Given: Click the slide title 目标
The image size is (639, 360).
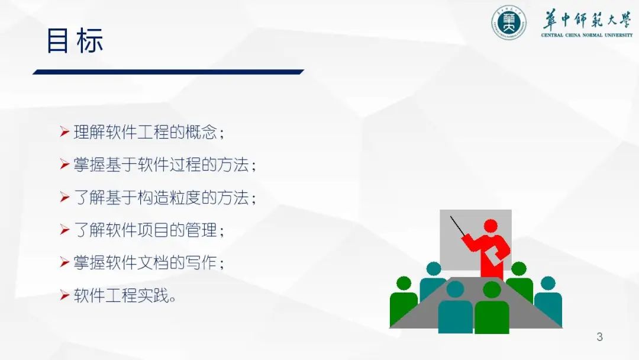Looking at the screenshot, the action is (x=75, y=41).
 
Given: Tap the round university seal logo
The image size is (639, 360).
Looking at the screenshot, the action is (x=508, y=22).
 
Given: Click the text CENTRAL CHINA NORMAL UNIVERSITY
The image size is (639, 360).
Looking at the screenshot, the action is (x=587, y=35).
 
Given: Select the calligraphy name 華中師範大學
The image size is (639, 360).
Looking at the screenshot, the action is (x=587, y=20).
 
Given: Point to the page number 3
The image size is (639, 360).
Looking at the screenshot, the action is (x=599, y=337).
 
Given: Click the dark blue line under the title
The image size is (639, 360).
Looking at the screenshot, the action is (x=168, y=72).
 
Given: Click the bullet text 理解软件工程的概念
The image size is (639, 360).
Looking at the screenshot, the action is (x=146, y=132).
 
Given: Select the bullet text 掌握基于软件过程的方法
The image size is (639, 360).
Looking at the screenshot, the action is (x=162, y=165).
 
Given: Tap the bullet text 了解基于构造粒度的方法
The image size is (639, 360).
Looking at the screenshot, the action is (x=162, y=198).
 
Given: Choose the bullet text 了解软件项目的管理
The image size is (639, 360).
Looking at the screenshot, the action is (x=146, y=230).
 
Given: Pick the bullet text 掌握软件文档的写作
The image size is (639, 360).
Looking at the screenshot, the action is (x=146, y=263).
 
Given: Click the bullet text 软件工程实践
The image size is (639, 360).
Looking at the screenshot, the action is (x=121, y=295).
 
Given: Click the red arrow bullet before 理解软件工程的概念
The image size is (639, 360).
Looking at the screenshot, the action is (x=64, y=131).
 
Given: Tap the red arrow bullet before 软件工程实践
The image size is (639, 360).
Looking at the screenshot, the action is (x=64, y=295).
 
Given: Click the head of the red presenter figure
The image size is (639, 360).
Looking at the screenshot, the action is (x=490, y=226).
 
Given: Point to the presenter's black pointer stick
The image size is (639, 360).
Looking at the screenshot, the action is (x=457, y=226).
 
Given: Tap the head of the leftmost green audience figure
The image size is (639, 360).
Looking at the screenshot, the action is (x=404, y=284).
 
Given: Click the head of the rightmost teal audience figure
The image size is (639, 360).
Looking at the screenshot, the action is (x=548, y=284).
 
